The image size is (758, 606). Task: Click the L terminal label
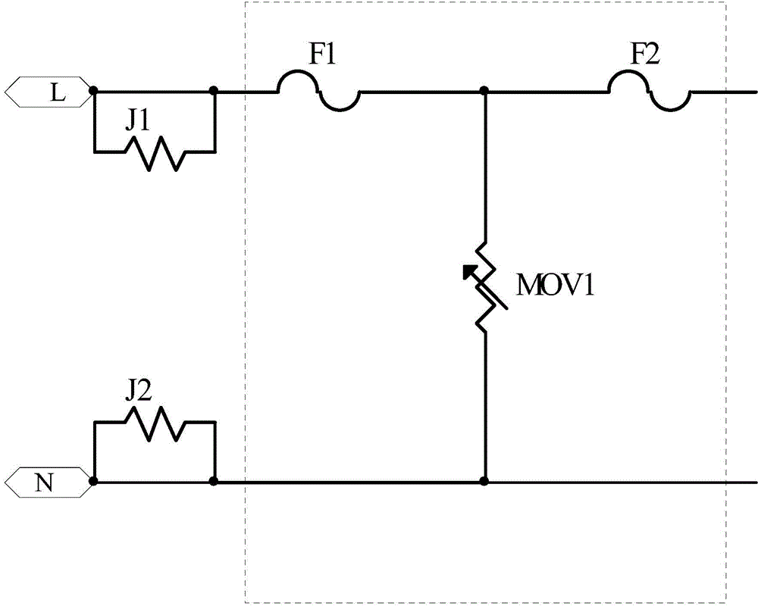tap(58, 92)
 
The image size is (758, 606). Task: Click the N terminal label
tap(44, 483)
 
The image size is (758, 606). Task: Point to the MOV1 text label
tap(555, 286)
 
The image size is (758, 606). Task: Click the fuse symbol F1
tap(318, 92)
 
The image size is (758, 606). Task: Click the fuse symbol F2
tap(649, 92)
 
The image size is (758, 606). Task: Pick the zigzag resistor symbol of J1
tap(155, 153)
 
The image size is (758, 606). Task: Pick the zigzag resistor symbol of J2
tap(155, 423)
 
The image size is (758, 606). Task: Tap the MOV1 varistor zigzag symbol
tap(485, 286)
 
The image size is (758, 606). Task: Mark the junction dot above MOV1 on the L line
tap(484, 90)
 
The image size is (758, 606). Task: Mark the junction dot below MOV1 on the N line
tap(484, 481)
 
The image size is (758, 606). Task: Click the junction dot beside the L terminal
tap(94, 90)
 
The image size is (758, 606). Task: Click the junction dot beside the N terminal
tap(94, 481)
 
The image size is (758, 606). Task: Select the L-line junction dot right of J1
tap(214, 90)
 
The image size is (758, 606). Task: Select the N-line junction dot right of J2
tap(214, 481)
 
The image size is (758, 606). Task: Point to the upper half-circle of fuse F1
tap(298, 71)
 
